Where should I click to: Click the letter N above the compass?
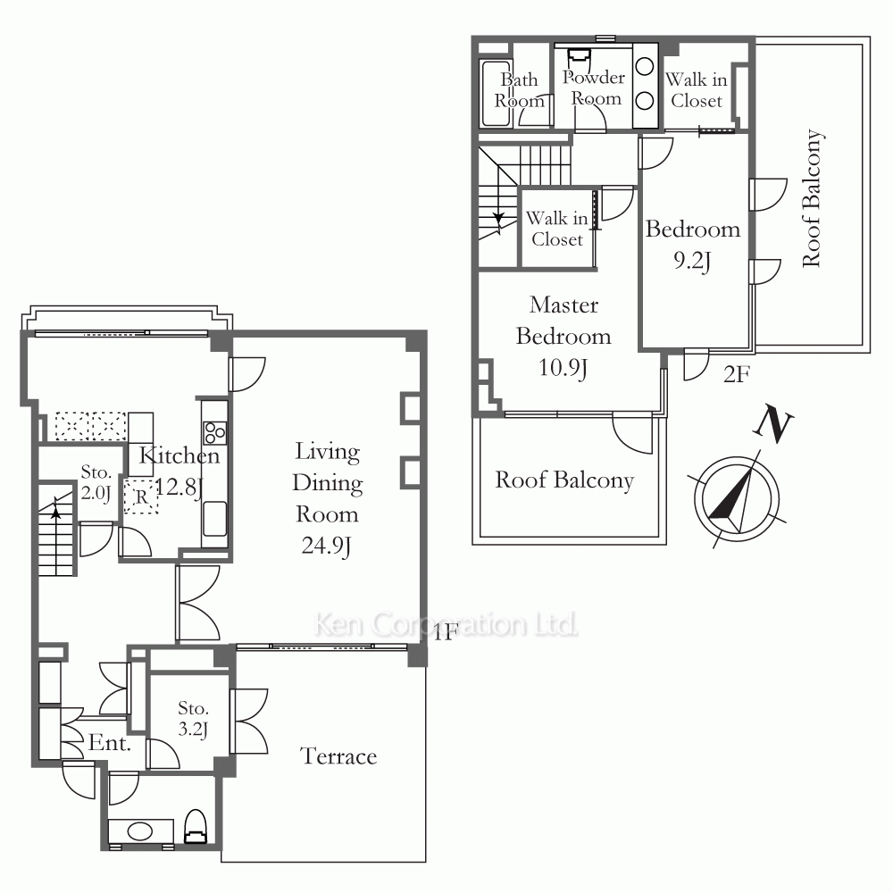click(x=772, y=423)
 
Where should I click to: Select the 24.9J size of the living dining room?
click(x=326, y=546)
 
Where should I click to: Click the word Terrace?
click(x=338, y=756)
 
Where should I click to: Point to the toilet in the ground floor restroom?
click(x=196, y=826)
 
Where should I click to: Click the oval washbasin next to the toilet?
click(x=140, y=830)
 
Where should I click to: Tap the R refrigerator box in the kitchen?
click(x=141, y=497)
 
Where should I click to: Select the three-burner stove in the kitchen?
click(x=215, y=432)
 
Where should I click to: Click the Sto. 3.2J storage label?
click(x=193, y=718)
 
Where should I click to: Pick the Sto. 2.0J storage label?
click(x=96, y=482)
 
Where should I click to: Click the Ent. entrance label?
click(x=109, y=743)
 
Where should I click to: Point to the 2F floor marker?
click(x=737, y=374)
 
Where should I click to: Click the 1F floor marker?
click(x=446, y=632)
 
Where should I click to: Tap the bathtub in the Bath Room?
click(x=496, y=93)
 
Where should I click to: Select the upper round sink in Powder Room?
click(x=644, y=67)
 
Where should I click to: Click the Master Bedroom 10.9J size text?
click(x=563, y=368)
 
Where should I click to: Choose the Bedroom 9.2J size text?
click(x=692, y=261)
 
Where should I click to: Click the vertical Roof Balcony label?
click(x=812, y=198)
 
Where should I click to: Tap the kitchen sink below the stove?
click(x=214, y=518)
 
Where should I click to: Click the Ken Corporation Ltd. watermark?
click(x=446, y=624)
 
